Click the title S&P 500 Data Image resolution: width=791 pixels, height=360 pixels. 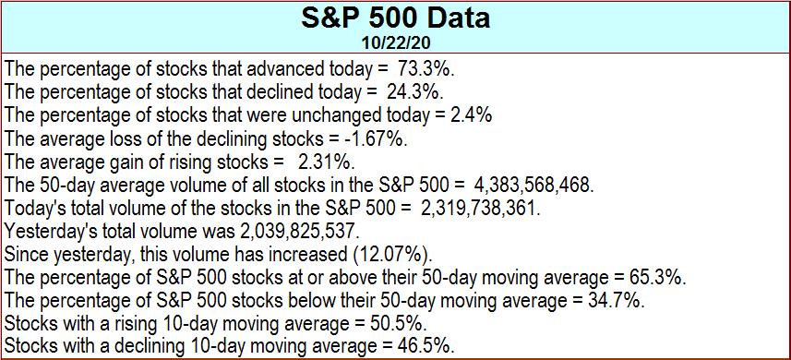[395, 18]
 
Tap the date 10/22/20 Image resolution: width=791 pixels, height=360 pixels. [396, 42]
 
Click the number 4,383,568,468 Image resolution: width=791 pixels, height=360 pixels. [534, 185]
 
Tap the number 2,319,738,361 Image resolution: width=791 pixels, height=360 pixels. [480, 208]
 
